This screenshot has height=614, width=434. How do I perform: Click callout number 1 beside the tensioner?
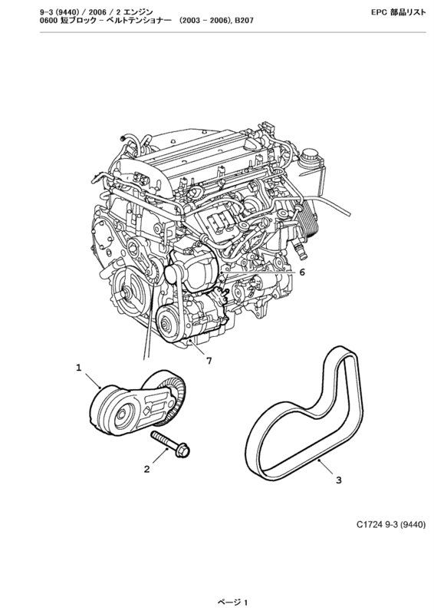click(79, 368)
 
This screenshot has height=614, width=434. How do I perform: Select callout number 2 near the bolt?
click(146, 469)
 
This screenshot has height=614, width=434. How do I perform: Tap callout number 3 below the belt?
click(338, 480)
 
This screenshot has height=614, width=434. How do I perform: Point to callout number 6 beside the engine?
click(302, 272)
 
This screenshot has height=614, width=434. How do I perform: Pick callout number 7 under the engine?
click(209, 361)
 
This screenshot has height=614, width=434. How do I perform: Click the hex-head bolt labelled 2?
click(170, 444)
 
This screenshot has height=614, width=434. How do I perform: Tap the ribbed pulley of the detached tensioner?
click(173, 395)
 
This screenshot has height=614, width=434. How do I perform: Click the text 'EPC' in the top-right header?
click(379, 12)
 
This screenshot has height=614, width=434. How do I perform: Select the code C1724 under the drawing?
click(369, 524)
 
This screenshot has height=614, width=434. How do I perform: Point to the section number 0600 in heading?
click(48, 21)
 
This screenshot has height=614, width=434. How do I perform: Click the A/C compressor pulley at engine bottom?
click(167, 323)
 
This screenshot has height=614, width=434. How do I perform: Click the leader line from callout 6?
click(258, 272)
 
